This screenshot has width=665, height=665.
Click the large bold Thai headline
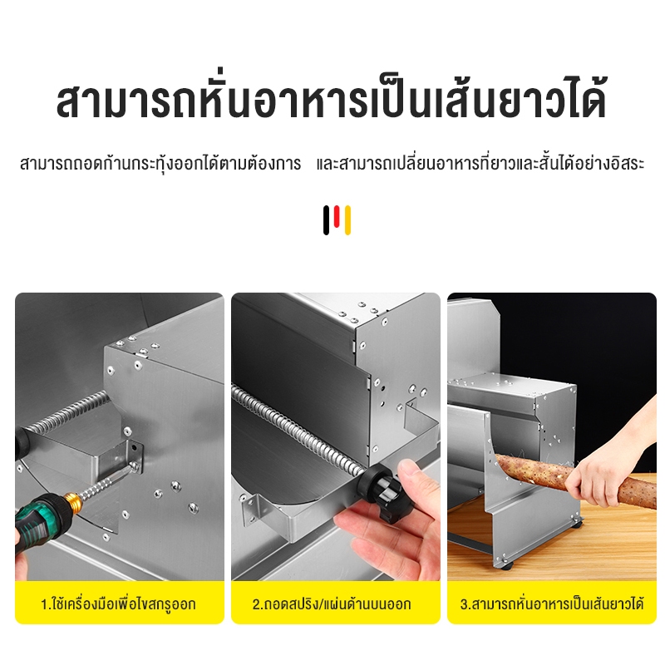[x=332, y=99]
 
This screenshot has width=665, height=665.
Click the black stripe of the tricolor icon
[x=326, y=220]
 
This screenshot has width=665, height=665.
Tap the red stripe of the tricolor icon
[x=337, y=216]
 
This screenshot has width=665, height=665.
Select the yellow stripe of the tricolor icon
[x=347, y=220]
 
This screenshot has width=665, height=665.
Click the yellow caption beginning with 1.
[x=118, y=603]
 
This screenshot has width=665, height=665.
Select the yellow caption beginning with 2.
[x=332, y=603]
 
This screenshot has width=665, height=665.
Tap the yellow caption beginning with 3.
[x=552, y=603]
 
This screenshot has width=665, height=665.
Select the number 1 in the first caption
[x=44, y=604]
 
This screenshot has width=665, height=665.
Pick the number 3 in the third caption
[x=463, y=604]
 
